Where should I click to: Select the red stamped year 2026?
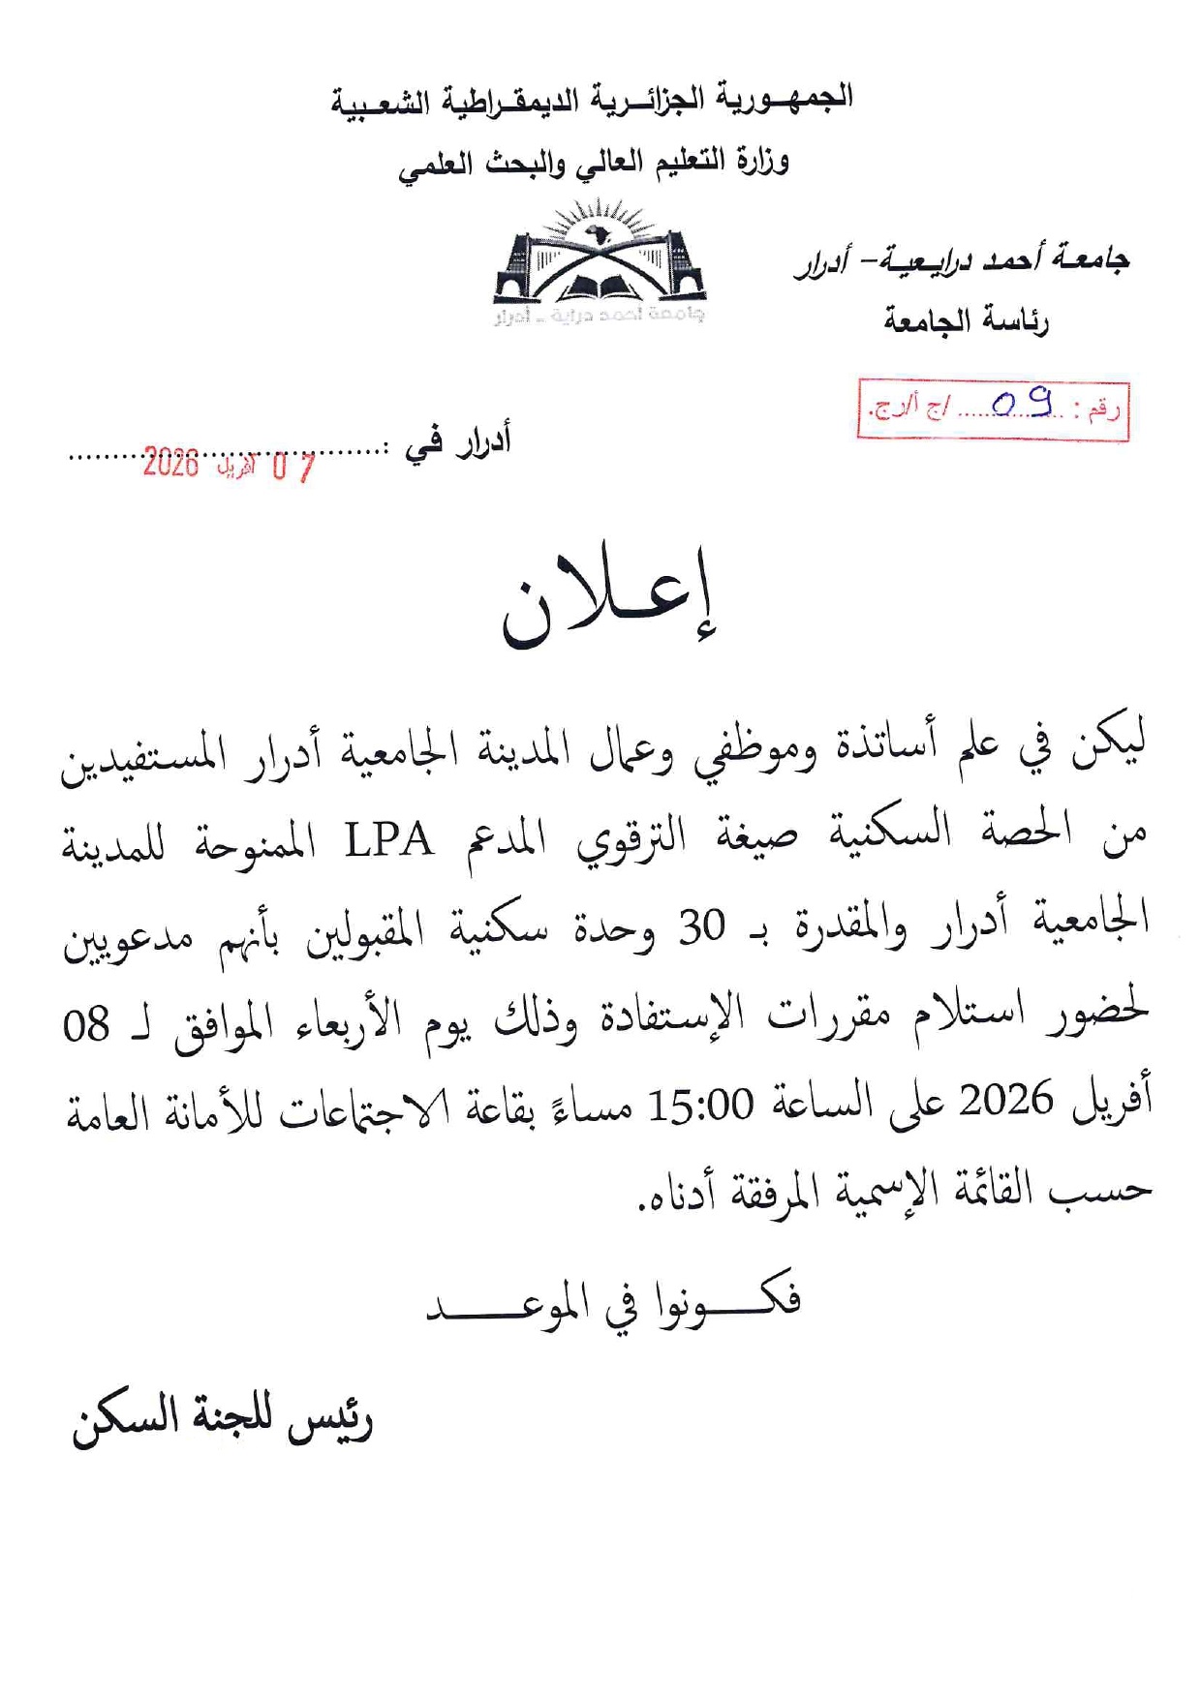click(170, 464)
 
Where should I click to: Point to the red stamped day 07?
click(293, 468)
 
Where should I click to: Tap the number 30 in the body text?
click(701, 927)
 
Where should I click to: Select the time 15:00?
click(699, 1105)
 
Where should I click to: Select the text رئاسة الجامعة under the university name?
click(966, 320)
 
